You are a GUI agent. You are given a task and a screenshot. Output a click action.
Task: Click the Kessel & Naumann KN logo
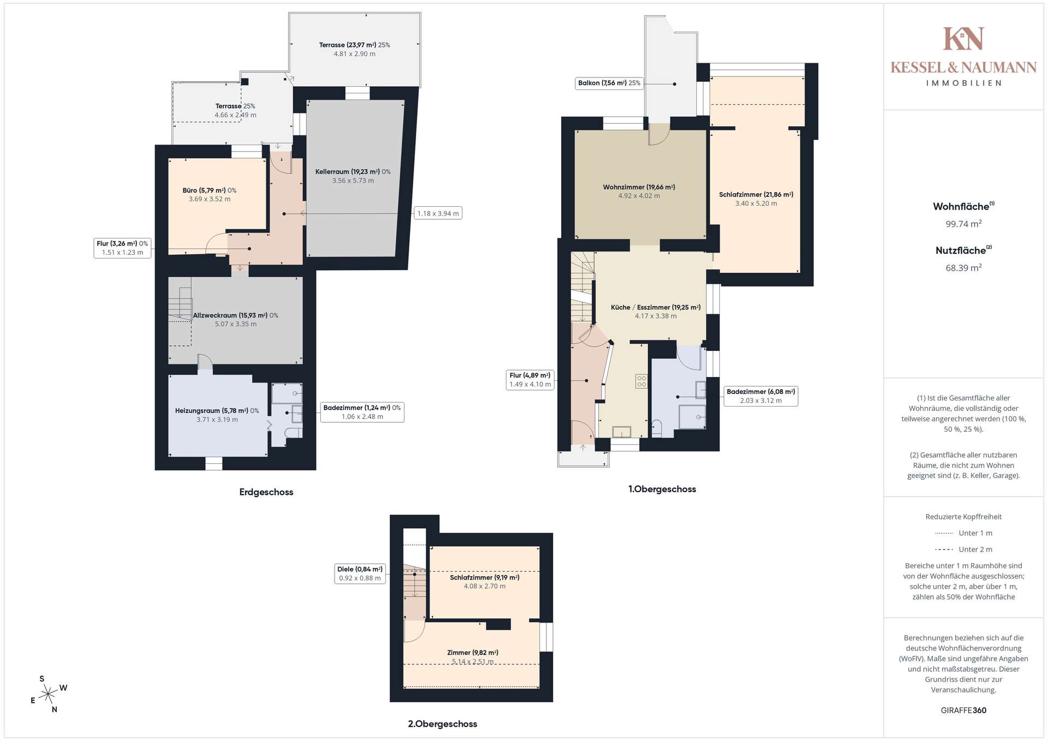(963, 39)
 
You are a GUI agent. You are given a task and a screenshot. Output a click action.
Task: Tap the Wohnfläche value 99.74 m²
(963, 224)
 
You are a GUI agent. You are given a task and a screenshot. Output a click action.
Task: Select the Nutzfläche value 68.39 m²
(963, 267)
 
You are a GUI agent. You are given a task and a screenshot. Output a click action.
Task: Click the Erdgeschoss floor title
(266, 492)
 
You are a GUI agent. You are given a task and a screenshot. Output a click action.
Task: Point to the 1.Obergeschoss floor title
(662, 489)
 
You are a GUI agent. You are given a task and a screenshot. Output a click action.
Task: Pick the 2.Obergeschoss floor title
(443, 724)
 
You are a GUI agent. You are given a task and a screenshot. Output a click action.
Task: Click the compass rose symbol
(49, 694)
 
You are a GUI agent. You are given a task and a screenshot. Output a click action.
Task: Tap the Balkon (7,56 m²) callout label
(609, 83)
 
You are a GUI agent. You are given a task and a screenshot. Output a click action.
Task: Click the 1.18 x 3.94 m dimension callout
(438, 213)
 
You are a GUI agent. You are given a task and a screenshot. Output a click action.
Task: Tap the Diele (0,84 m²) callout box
(360, 573)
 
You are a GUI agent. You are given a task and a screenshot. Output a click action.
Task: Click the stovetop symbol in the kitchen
(641, 381)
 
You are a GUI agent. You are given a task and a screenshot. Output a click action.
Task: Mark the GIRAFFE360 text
(963, 710)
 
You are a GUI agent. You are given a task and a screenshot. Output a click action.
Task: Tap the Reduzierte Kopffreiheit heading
(963, 517)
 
